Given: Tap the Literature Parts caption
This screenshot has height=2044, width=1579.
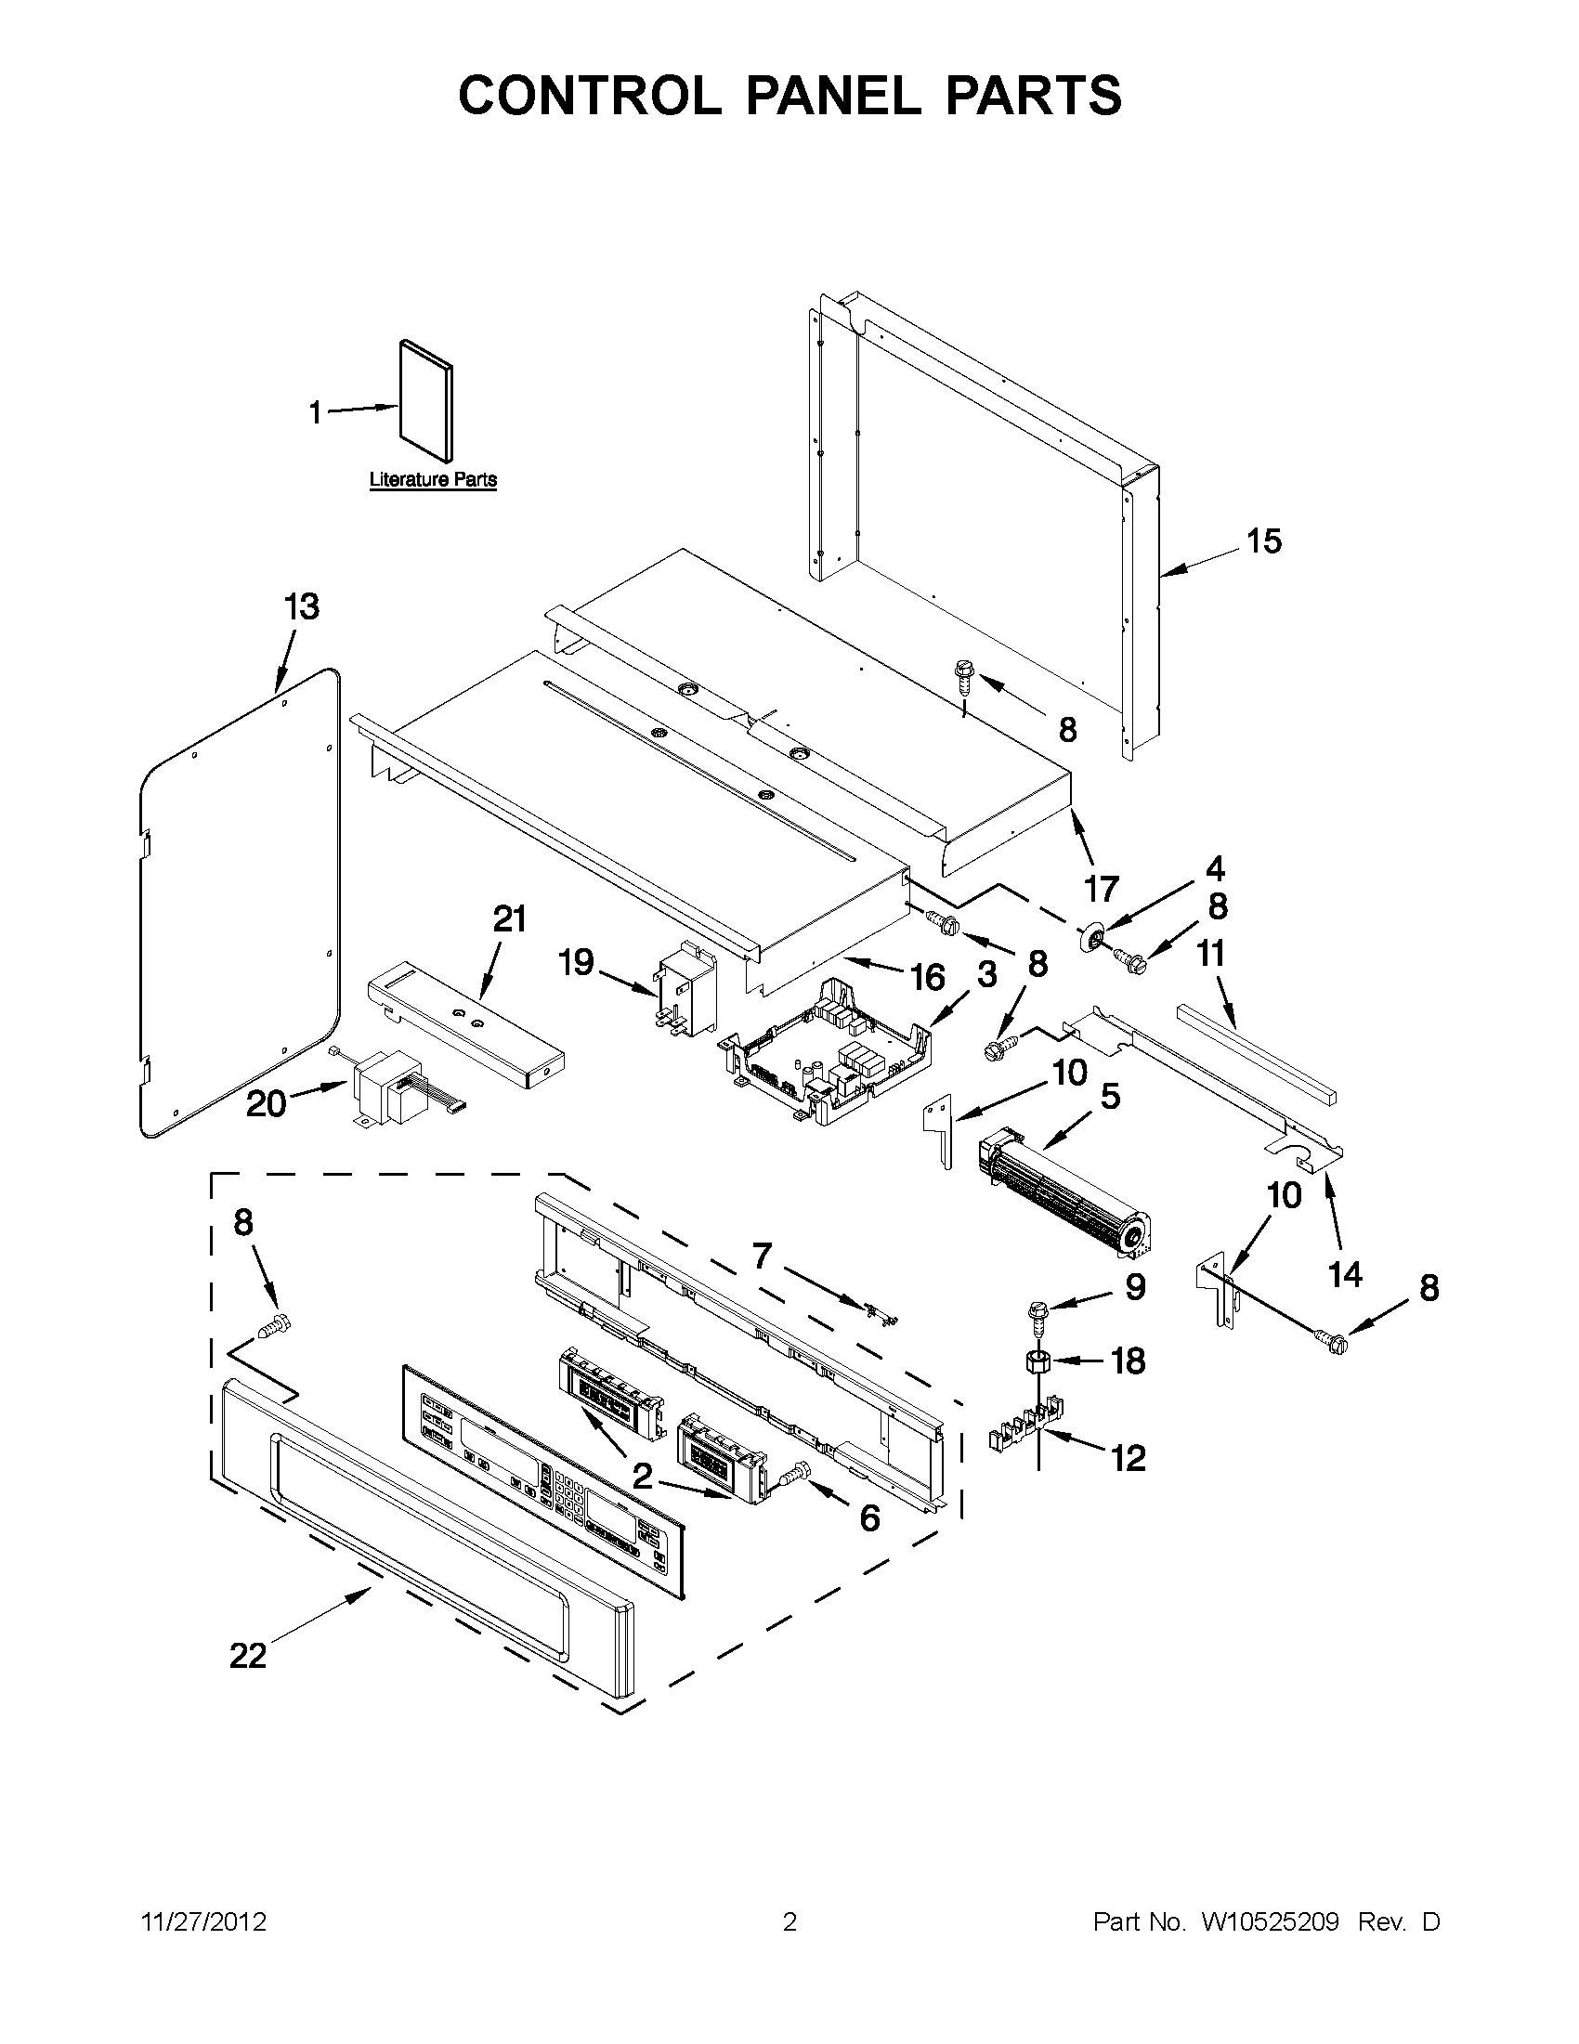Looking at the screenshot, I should point(433,480).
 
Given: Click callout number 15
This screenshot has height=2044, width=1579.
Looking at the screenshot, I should point(1263,540).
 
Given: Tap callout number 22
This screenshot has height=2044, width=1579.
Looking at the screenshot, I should point(248,1657).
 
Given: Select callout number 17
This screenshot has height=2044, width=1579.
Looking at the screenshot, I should point(1102,888).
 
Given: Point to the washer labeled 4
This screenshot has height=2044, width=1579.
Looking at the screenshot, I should point(1091,938).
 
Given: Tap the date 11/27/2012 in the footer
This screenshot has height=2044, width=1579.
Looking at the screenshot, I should point(203,1922).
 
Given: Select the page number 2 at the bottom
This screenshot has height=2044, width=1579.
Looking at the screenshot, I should point(789,1922).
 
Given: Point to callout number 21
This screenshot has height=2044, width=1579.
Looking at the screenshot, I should point(509,919).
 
